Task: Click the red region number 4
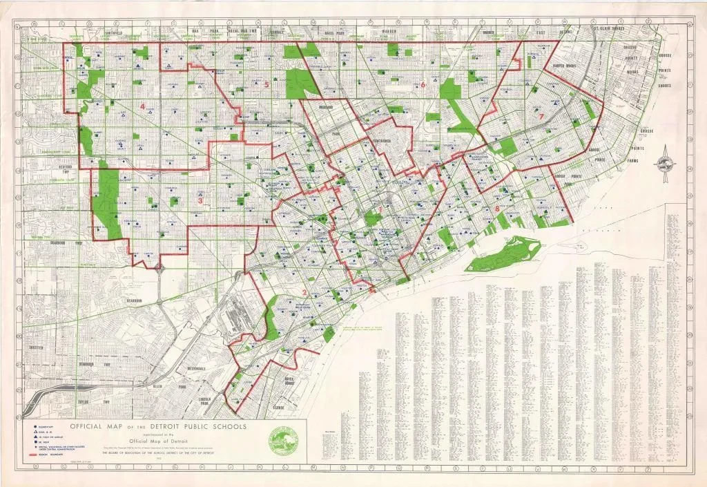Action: click(x=143, y=106)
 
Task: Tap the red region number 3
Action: click(x=200, y=202)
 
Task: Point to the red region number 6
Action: click(x=423, y=85)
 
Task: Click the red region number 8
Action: click(x=497, y=209)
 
